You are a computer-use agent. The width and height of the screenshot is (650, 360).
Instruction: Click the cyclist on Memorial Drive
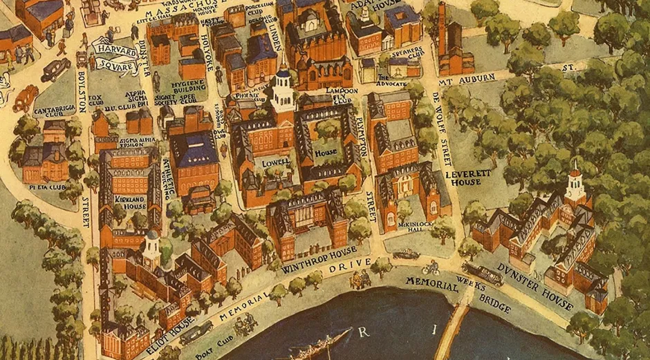coord(431,267)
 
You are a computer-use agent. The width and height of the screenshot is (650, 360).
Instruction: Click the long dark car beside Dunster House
coord(484,274)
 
